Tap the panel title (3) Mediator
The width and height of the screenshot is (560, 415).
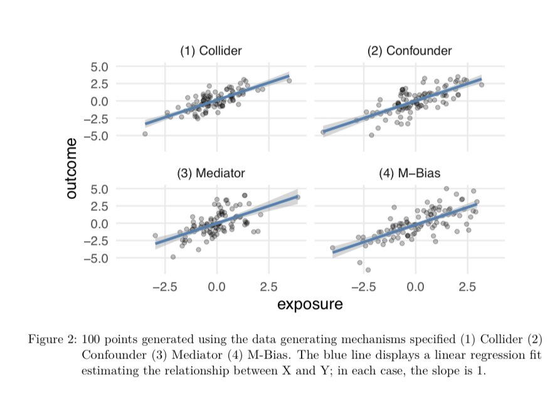point(211,173)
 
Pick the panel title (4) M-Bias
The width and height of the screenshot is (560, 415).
point(409,173)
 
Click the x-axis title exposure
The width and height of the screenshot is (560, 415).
point(310,305)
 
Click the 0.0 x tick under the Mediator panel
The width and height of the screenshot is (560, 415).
point(216,287)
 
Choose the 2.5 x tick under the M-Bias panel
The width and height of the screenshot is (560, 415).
point(467,287)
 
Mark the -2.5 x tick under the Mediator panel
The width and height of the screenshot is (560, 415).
point(164,287)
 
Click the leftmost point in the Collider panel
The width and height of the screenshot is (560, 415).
point(145,134)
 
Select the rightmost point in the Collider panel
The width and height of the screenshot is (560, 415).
point(288,80)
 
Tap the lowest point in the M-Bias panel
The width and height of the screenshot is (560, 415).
point(367,270)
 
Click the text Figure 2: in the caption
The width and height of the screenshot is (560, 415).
point(52,340)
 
